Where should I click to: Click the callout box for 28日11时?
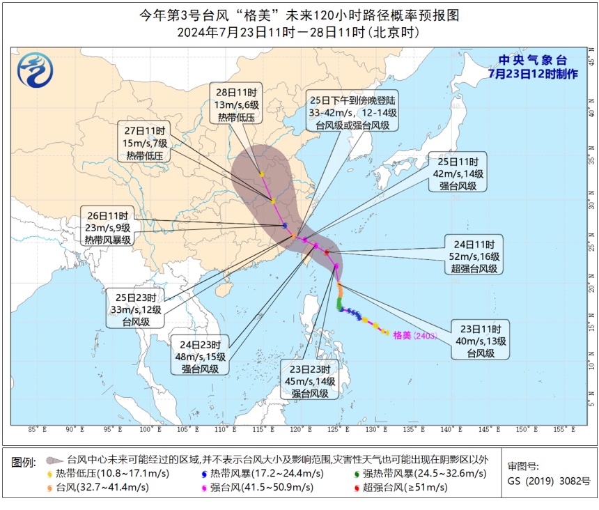(x=237, y=105)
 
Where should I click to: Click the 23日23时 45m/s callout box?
(x=311, y=380)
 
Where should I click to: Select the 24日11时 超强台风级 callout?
(x=474, y=256)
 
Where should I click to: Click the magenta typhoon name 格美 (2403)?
(x=414, y=335)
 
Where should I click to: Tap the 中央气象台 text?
(x=523, y=60)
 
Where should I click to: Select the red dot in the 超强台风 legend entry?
(x=358, y=487)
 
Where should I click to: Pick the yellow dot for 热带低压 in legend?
(x=49, y=474)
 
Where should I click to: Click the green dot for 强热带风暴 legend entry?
(x=358, y=474)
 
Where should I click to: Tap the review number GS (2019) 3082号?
(x=548, y=481)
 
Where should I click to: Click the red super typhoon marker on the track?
(x=327, y=252)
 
